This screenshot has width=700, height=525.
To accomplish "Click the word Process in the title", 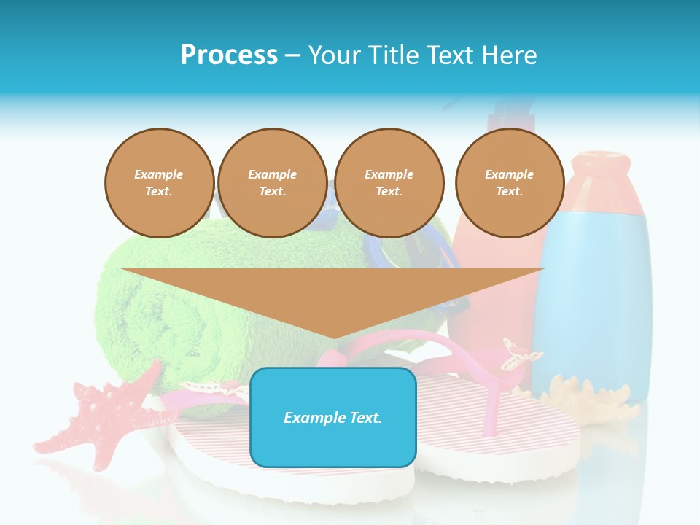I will coord(229,55).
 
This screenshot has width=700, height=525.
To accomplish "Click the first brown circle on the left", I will coord(159,183).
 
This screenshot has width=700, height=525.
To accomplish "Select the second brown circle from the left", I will coord(272,183).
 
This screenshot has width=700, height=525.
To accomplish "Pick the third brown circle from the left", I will coord(389,183).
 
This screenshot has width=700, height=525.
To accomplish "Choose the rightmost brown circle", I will coord(509,183).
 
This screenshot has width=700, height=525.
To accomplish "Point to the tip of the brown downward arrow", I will coord(333,337).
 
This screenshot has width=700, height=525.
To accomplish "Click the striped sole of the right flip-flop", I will coord(510,437).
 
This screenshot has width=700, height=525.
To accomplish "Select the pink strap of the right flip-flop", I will coord(496,394).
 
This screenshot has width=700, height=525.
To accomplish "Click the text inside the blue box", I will coord(332,418).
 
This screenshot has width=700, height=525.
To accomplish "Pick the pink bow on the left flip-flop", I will coord(211,390).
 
